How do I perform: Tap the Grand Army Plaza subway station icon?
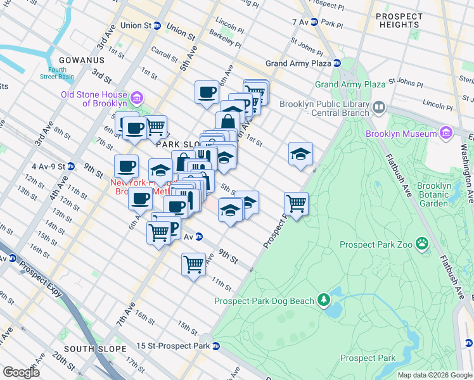(338, 63)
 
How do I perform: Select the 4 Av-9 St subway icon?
(72, 167)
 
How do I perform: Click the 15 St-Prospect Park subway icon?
(216, 346)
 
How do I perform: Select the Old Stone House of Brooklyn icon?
(138, 99)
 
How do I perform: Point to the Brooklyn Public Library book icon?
(380, 106)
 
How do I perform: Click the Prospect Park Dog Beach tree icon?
(324, 298)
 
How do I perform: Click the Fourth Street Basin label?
(57, 73)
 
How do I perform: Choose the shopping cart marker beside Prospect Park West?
(296, 205)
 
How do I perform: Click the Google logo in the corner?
(21, 372)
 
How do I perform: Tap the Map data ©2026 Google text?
(434, 375)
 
